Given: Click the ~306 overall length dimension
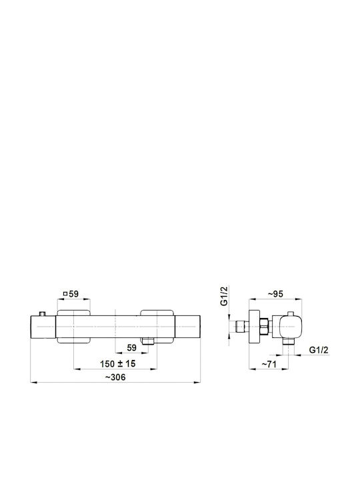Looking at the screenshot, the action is (x=115, y=377).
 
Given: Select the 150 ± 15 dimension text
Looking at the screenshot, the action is (x=118, y=364).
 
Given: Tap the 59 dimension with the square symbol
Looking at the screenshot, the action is (x=71, y=294).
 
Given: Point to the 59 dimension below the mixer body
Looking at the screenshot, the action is (x=131, y=348).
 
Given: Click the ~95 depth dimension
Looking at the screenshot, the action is (x=275, y=294).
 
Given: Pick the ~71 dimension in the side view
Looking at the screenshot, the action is (x=269, y=364).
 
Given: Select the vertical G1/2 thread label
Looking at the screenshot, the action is (x=225, y=296).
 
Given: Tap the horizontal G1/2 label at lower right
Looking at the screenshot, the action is (x=319, y=350).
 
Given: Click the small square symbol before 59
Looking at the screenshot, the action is (x=65, y=294).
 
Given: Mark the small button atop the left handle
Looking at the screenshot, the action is (x=42, y=314).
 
